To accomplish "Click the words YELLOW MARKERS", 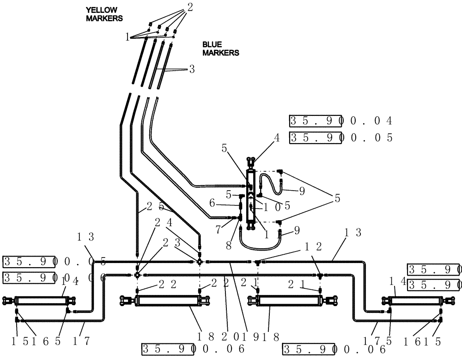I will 104,14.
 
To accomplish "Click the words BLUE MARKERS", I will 220,48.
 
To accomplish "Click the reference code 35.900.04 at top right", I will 340,121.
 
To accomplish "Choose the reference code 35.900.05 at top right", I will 340,138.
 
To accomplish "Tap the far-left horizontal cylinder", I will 42,301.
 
